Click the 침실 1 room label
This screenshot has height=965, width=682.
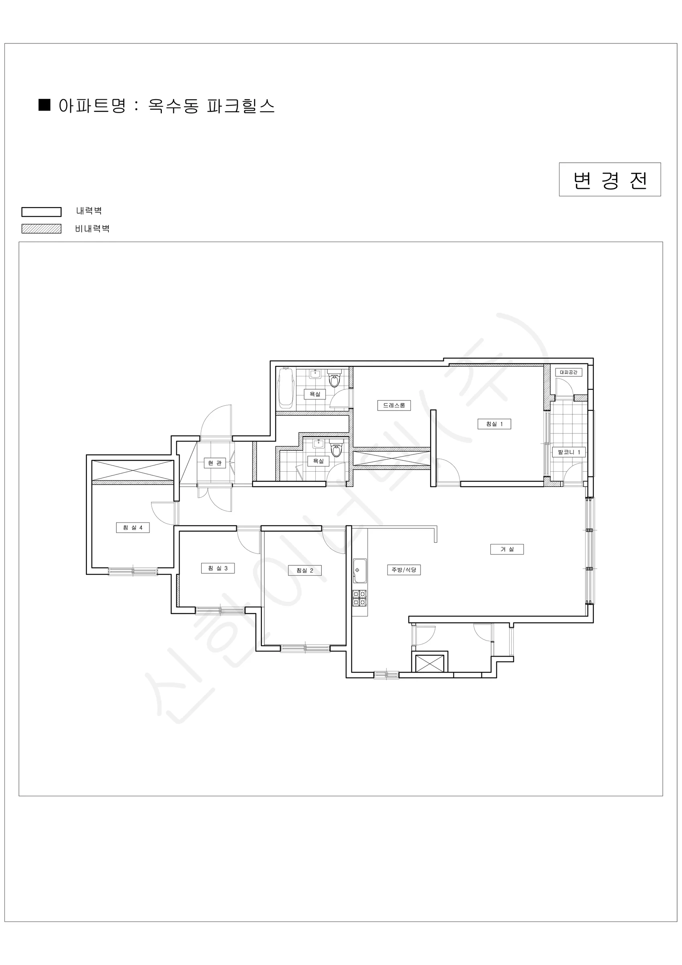click(494, 424)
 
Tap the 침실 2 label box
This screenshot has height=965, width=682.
click(305, 570)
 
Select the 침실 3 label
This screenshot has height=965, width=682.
click(218, 568)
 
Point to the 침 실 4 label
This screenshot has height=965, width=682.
click(133, 528)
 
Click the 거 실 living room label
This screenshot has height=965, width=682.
click(507, 549)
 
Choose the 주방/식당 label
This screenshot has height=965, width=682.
click(404, 570)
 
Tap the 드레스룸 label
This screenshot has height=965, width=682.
click(394, 406)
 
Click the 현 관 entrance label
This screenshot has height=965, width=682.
click(214, 463)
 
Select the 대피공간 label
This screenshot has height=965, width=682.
click(569, 372)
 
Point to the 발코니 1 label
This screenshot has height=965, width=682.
click(569, 452)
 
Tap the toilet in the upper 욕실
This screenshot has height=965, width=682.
click(334, 379)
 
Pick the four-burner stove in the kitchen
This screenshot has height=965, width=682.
click(359, 597)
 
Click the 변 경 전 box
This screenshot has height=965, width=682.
click(610, 179)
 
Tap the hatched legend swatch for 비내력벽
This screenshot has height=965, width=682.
click(41, 229)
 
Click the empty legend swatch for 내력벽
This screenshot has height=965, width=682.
click(41, 212)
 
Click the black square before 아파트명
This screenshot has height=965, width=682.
click(45, 105)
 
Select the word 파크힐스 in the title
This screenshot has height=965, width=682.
click(241, 106)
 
